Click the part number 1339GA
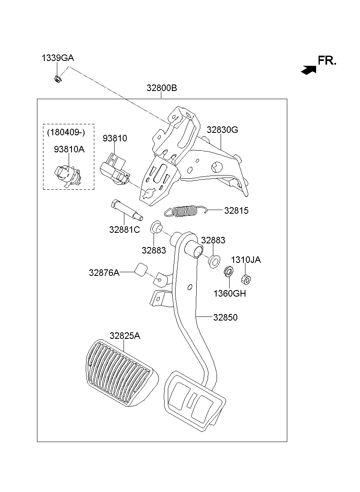point(58,58)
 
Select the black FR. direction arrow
point(308,70)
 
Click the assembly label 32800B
point(162,88)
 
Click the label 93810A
point(69,149)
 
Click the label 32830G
point(222,130)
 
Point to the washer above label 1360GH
point(228,271)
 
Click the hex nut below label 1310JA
point(246,279)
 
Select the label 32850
point(225,317)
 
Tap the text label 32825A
point(125,336)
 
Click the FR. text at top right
point(327,61)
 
